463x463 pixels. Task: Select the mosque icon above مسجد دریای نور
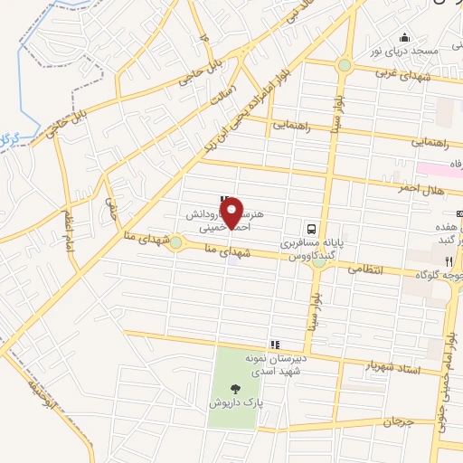pos(404,38)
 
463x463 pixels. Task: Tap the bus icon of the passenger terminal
pos(310,229)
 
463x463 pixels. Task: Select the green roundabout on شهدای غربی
pos(345,65)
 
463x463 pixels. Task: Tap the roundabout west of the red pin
pos(175,242)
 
